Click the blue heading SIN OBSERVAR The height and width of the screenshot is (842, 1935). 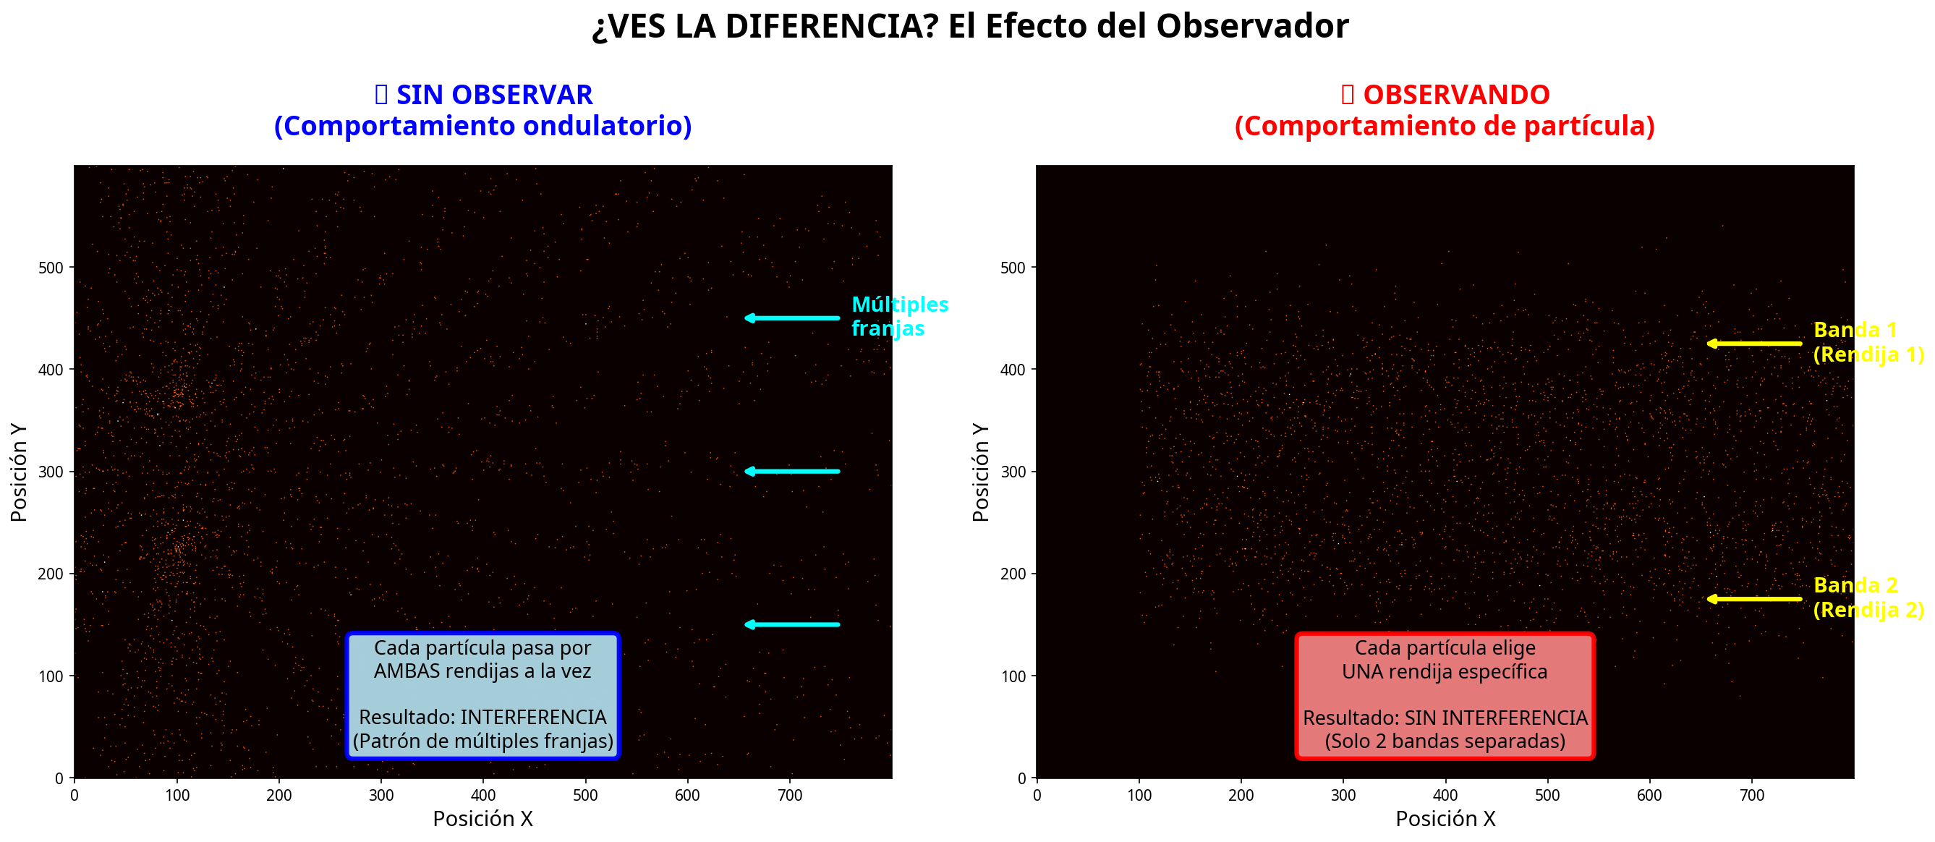coord(493,95)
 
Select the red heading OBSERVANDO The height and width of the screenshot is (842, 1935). coord(1455,95)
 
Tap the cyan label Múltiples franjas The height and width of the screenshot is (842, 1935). coord(898,316)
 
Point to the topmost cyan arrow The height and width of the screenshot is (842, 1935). coord(792,318)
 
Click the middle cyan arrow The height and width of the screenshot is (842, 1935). coord(792,472)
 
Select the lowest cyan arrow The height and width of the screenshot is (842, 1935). coord(792,625)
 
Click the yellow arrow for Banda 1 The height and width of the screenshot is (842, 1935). coord(1753,344)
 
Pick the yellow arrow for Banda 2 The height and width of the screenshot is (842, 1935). coord(1753,600)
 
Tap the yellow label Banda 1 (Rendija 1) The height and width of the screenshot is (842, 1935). coord(1867,341)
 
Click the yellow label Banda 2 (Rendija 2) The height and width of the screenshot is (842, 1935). coord(1867,597)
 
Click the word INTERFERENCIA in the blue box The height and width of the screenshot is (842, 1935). coord(532,718)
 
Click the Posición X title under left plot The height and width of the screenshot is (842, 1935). coord(482,820)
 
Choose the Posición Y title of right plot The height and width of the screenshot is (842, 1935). coord(980,472)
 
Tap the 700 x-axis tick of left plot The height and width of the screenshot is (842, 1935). coord(789,796)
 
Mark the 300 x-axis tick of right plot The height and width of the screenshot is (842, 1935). coord(1343,796)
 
